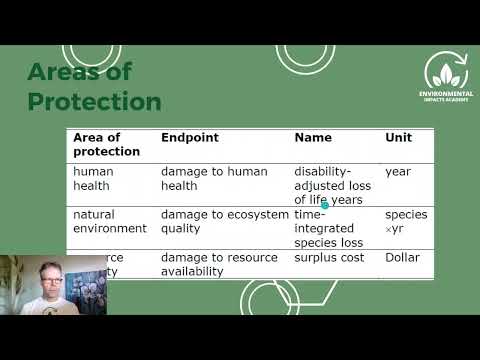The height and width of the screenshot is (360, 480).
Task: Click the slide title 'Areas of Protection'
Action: [x=94, y=87]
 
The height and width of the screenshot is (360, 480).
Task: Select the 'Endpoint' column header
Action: [x=189, y=137]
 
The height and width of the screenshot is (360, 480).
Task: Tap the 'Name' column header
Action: [x=313, y=137]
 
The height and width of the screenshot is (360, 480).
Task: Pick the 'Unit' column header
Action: [x=398, y=137]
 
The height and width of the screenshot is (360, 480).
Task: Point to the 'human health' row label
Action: [x=93, y=178]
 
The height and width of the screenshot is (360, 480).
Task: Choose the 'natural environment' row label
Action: [x=109, y=221]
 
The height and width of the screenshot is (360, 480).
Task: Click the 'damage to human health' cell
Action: [x=214, y=178]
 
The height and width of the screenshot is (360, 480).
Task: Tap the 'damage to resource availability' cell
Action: [x=218, y=264]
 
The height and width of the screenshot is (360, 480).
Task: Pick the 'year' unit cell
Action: [x=398, y=172]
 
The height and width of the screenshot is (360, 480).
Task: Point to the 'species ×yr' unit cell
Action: [x=406, y=221]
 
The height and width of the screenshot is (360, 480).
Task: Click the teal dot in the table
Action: [x=325, y=205]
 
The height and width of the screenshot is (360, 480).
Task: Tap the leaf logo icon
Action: [x=446, y=71]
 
